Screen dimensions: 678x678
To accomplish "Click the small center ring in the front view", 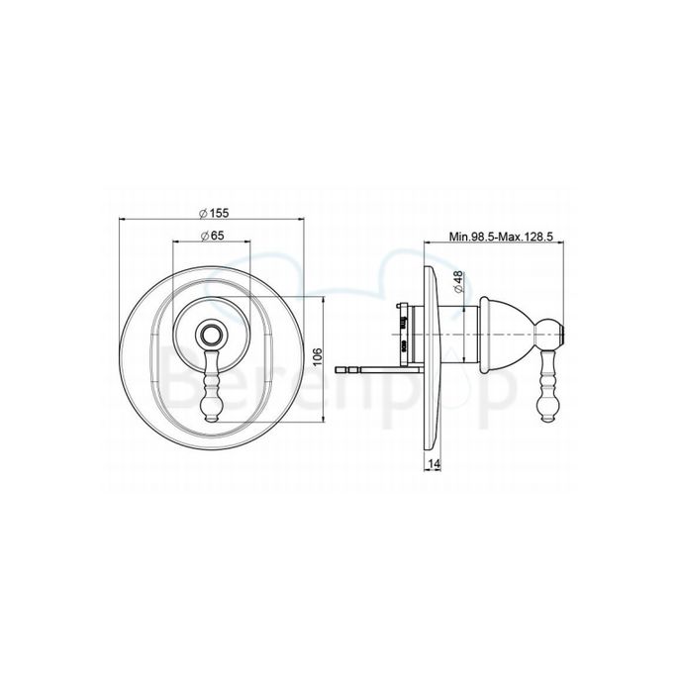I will pyautogui.click(x=210, y=334).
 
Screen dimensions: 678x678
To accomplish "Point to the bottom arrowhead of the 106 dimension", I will pyautogui.click(x=325, y=423).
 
